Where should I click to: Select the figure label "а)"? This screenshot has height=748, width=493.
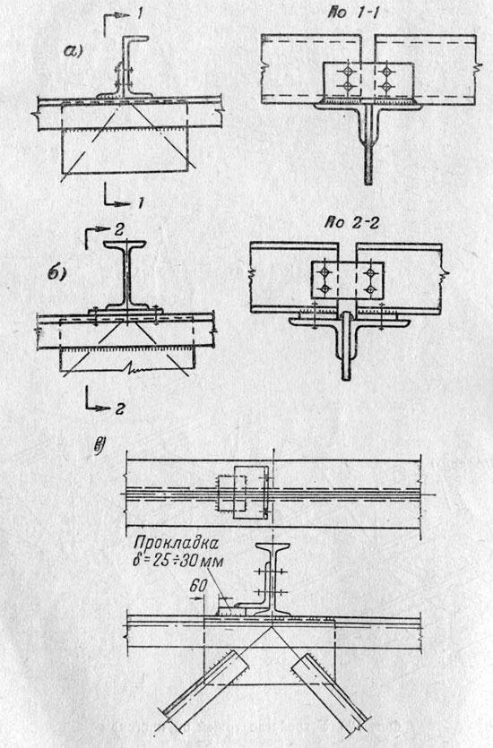(73, 50)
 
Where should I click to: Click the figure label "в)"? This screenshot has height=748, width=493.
(99, 445)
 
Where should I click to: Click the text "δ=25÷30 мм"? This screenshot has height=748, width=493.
(177, 561)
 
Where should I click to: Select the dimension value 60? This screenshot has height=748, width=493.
(197, 586)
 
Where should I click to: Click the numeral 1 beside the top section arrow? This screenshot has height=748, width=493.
(138, 14)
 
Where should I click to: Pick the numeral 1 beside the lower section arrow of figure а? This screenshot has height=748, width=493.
(141, 203)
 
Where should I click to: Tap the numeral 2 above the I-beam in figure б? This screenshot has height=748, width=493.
(119, 230)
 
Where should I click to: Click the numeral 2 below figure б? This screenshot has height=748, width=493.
(119, 408)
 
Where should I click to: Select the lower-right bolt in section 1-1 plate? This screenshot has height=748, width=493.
(386, 86)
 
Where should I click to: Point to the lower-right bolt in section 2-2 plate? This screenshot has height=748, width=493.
(370, 288)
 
